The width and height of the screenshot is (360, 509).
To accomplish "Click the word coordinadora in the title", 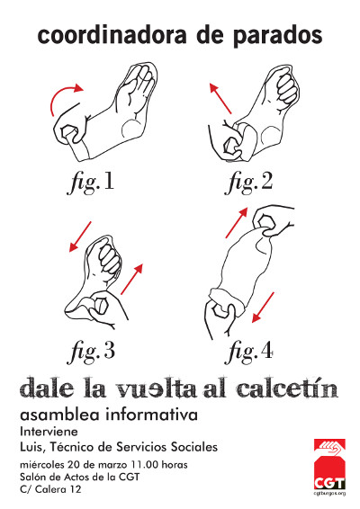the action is (x=112, y=35).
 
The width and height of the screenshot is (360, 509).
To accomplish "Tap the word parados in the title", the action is (x=277, y=36).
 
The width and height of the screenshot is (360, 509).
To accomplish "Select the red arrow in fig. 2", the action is (x=220, y=98).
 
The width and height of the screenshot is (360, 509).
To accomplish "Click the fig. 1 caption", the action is (x=91, y=182).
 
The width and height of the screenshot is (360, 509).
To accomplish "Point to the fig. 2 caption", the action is (x=248, y=182).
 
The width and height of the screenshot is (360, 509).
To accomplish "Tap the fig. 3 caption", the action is (x=91, y=351).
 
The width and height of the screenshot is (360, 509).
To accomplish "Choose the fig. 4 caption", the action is (x=248, y=351).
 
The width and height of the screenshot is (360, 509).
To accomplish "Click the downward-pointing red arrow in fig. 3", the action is (x=80, y=237).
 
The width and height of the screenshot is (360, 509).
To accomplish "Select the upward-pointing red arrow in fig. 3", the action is (x=132, y=279).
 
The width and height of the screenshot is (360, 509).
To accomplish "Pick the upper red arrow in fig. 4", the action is (x=237, y=223).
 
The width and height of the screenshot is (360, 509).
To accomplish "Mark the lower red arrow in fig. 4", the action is (x=263, y=308).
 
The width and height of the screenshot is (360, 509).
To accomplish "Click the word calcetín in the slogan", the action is (x=287, y=388).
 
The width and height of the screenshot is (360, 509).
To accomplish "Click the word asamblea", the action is (x=61, y=415).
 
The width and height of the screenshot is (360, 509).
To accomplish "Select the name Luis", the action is (x=31, y=447).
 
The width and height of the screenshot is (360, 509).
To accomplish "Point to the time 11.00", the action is (x=145, y=465).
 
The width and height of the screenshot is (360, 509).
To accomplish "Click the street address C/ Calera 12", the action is (x=50, y=489).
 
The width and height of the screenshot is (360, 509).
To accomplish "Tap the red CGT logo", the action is (x=329, y=465).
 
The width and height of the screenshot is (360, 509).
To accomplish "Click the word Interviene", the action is (x=49, y=432).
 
